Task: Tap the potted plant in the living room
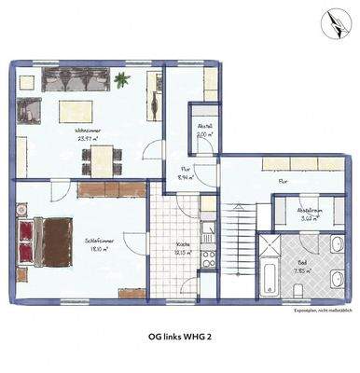pyautogui.click(x=121, y=80)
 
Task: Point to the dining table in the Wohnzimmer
pyautogui.click(x=100, y=160)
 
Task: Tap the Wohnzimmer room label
pyautogui.click(x=90, y=130)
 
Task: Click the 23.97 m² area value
pyautogui.click(x=90, y=138)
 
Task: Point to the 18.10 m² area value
pyautogui.click(x=95, y=250)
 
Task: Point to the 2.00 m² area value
pyautogui.click(x=205, y=134)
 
